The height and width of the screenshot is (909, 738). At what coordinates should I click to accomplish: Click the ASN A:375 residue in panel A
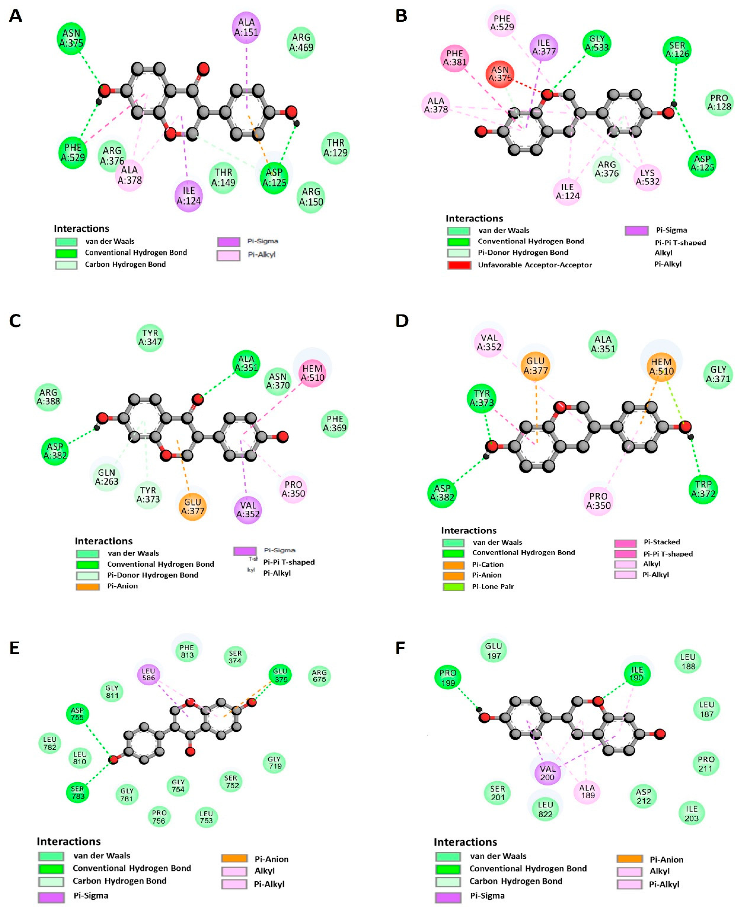point(71,38)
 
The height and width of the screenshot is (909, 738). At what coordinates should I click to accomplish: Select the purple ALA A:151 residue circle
point(246,27)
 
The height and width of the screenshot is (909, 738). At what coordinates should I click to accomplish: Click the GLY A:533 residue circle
point(597,43)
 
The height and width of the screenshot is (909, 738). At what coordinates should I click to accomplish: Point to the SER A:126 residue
point(677,50)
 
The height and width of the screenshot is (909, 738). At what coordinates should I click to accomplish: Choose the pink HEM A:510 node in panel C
point(312,373)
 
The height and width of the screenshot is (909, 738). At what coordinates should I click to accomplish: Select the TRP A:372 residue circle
point(703,489)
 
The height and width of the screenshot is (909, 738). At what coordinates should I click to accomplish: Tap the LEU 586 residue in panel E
point(148,674)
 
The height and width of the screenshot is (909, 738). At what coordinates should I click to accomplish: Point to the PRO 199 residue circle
point(448,678)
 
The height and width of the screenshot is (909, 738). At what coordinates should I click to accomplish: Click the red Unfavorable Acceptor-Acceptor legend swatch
point(459,265)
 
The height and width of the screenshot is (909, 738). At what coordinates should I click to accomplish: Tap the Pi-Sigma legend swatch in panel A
point(228,242)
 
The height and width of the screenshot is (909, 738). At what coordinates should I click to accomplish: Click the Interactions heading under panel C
point(103,541)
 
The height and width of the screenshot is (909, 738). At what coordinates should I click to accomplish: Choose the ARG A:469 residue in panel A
point(301,43)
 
